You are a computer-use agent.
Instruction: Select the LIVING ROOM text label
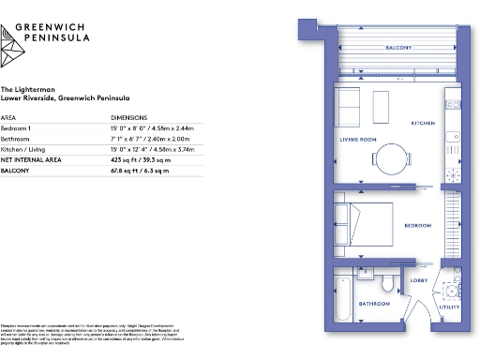357,140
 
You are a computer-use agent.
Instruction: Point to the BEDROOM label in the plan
417,226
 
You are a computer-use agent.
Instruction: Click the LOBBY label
418,280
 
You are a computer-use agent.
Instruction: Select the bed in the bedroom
366,224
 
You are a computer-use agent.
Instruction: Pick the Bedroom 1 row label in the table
18,127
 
